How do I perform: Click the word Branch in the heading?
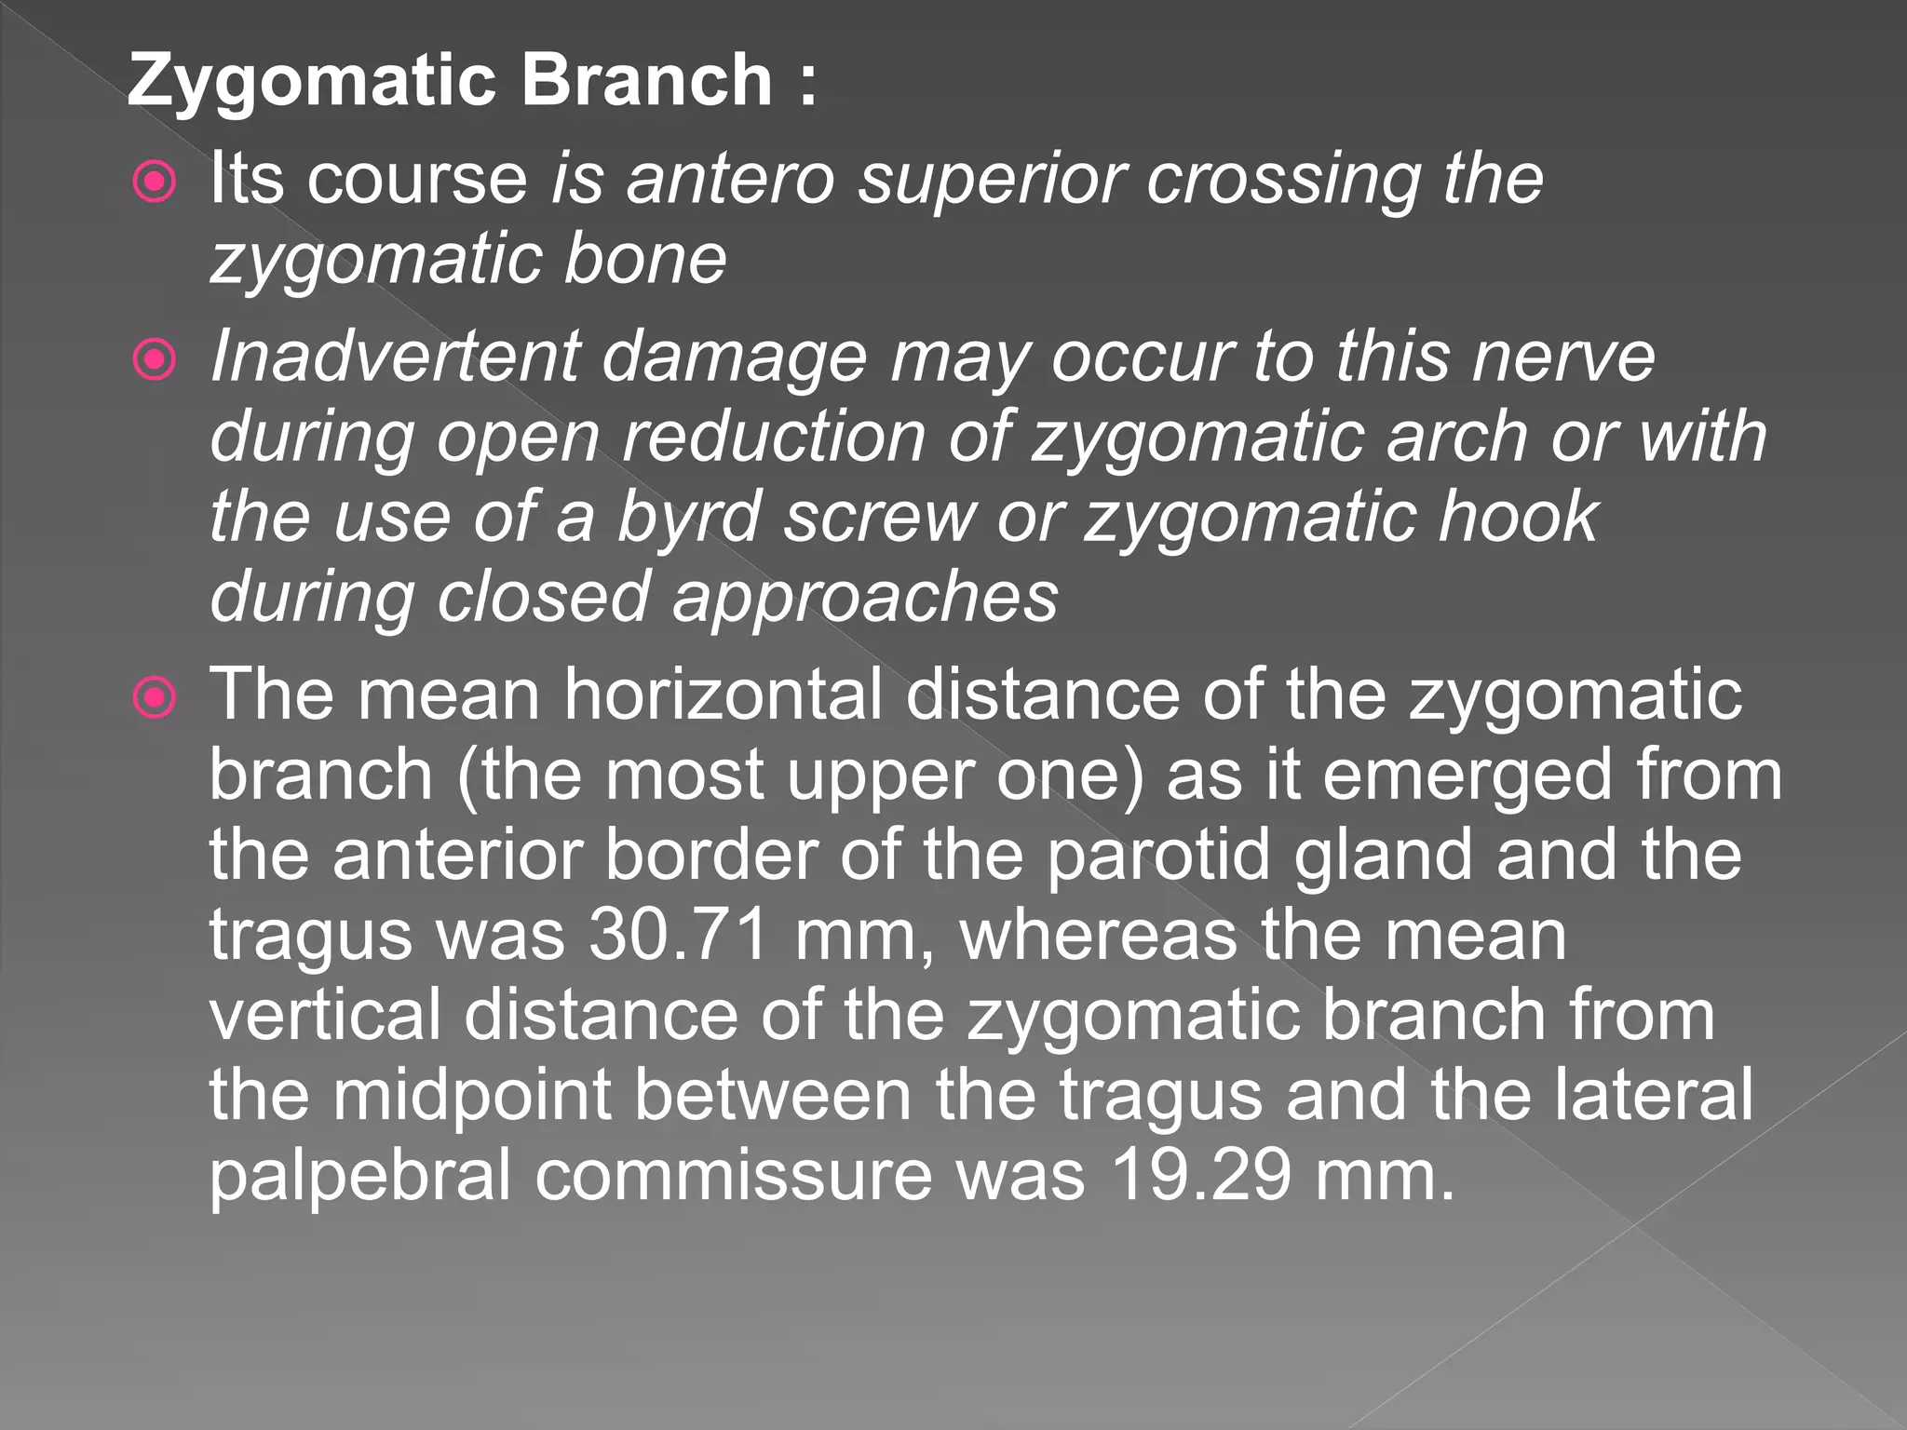point(646,80)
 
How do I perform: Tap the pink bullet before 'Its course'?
point(154,182)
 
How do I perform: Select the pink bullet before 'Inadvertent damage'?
point(154,360)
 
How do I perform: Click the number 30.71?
point(679,936)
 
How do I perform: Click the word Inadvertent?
point(395,357)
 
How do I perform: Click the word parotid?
point(1157,855)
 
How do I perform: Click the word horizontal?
point(724,695)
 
